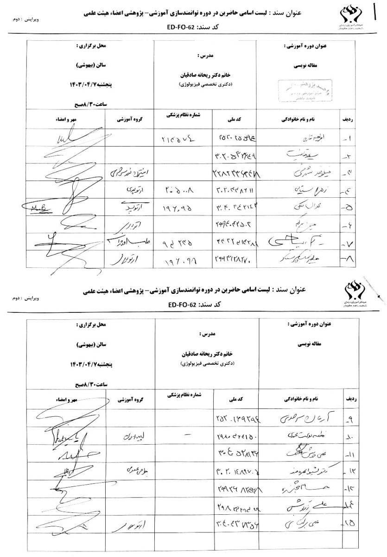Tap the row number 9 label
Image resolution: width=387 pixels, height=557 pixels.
tap(348, 421)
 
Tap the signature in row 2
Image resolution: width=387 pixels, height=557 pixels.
tap(70, 155)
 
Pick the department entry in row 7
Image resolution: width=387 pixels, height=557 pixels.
tap(128, 242)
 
